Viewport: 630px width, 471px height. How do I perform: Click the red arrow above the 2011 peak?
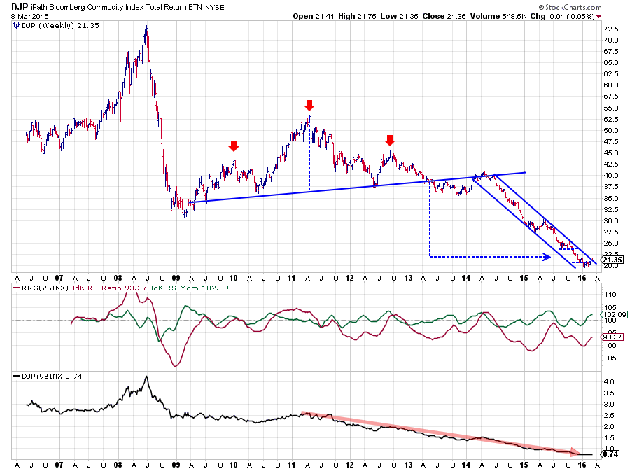click(309, 106)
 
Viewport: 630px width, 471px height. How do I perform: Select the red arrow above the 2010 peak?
click(234, 146)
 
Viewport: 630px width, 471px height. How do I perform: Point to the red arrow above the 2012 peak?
click(391, 139)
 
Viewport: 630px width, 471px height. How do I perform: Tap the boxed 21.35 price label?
click(612, 260)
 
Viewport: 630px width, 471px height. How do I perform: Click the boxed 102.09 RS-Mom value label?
click(612, 314)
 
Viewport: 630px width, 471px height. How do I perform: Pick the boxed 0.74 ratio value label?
click(611, 454)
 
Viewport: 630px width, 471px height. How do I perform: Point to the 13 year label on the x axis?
click(408, 279)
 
